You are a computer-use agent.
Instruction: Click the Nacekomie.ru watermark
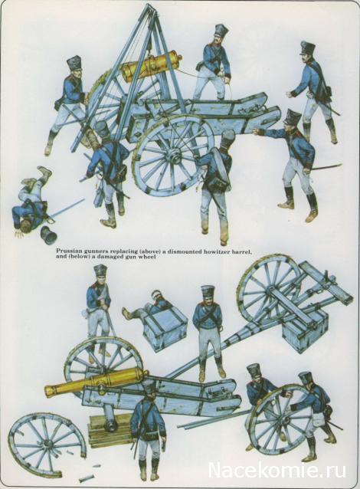[x=277, y=470]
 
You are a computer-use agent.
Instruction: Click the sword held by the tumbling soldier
[x=67, y=209]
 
